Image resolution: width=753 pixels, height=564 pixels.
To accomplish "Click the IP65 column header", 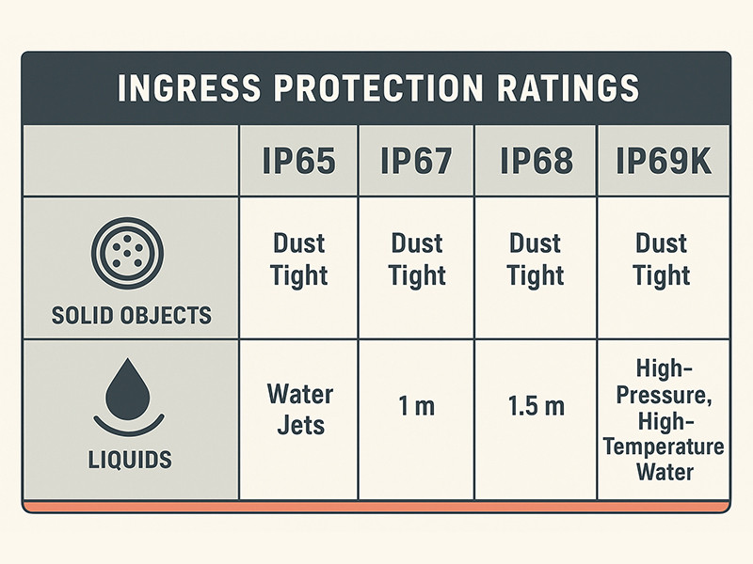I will pos(300,160).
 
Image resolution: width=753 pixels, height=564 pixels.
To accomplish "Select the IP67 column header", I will pos(418,160).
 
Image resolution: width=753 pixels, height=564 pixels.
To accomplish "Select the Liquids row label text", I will pos(131,460).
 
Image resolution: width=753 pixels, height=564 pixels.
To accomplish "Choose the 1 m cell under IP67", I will pos(418,408).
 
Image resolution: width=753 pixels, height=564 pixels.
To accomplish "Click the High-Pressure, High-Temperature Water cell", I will pos(663,418).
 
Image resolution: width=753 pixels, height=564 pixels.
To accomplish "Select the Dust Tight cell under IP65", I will pos(300,259).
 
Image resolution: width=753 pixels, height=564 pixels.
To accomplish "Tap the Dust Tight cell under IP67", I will pos(418,259).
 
